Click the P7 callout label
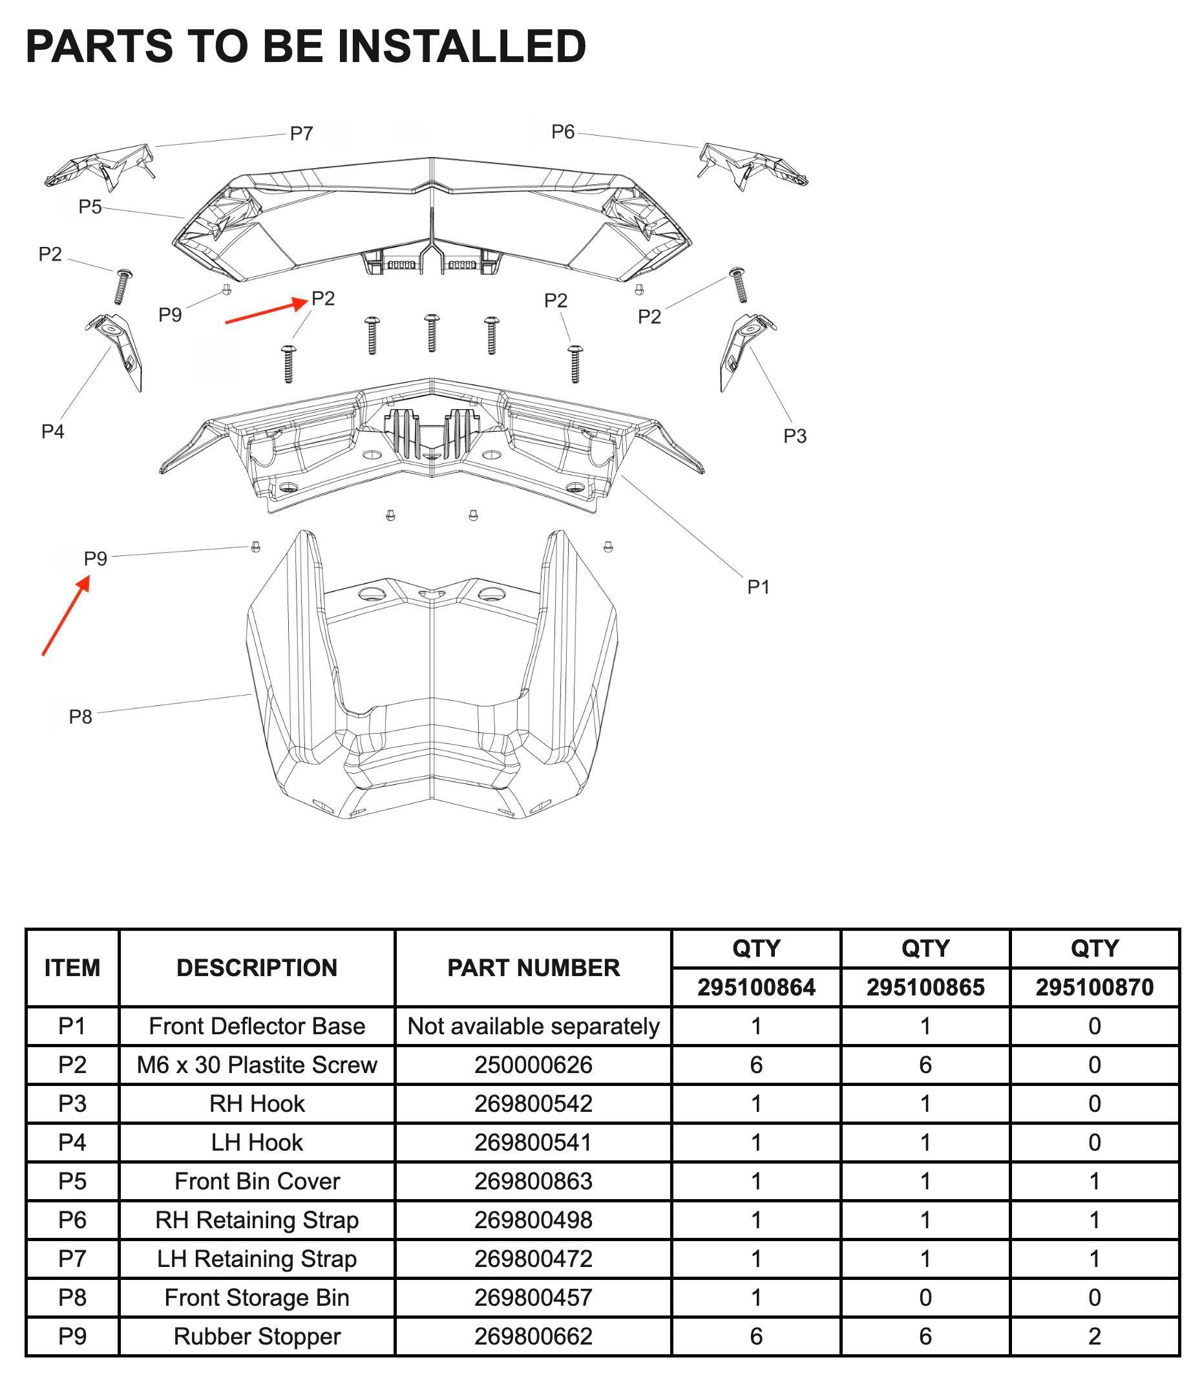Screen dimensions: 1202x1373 coord(301,134)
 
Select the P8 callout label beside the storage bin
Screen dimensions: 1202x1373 coord(81,717)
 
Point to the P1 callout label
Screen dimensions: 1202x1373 coord(758,586)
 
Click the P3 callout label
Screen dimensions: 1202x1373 coord(795,436)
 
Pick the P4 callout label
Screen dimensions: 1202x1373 coord(53,432)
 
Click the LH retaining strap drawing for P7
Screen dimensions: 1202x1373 coord(100,165)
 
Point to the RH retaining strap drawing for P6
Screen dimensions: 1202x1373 coord(753,165)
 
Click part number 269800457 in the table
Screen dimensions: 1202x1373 coord(533,1297)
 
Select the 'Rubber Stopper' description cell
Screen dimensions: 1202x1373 coord(257,1336)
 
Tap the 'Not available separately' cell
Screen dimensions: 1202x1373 coord(533,1026)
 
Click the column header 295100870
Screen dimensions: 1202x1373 coord(1095,987)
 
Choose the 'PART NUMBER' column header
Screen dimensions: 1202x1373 coord(533,968)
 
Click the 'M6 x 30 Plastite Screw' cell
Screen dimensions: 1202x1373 coord(257,1065)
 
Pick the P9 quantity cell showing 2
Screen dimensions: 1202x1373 coord(1095,1336)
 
